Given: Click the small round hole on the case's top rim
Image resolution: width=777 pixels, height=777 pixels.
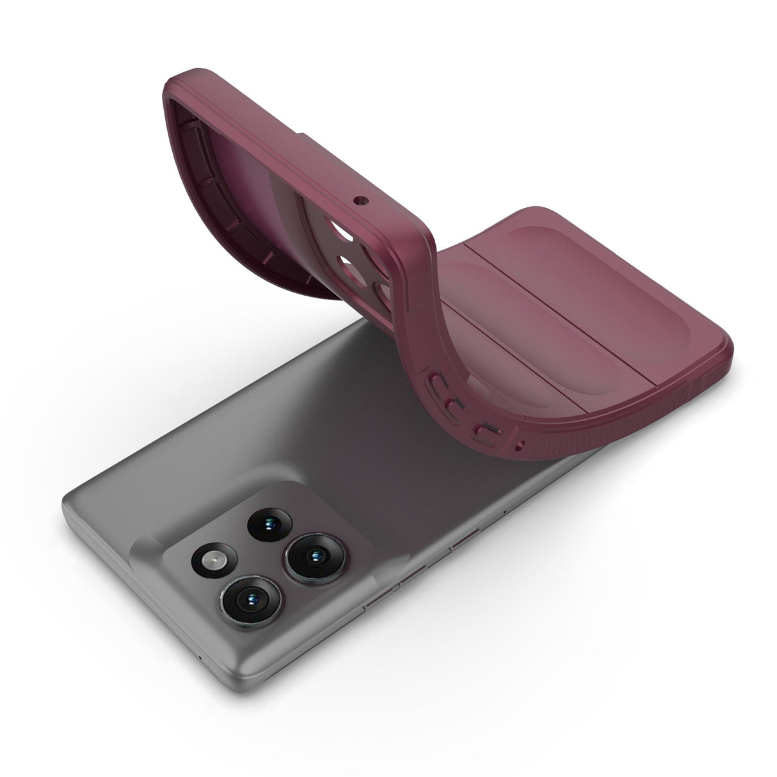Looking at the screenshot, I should tap(357, 200).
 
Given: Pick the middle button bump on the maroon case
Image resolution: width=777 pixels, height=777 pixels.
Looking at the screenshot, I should tap(455, 405).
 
